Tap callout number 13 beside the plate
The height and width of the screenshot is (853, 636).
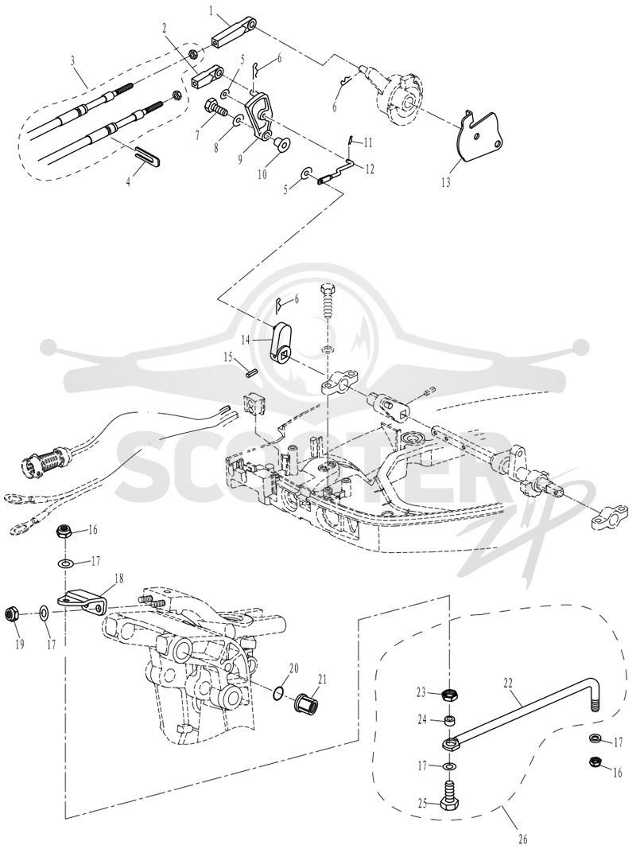click(x=445, y=182)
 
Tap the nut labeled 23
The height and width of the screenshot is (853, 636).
click(x=449, y=694)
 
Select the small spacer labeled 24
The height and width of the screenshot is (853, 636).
click(x=450, y=722)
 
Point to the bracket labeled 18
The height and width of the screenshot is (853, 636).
click(x=82, y=604)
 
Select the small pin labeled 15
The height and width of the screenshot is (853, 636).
click(x=251, y=376)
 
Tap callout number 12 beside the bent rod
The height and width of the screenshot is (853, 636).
click(x=370, y=169)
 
